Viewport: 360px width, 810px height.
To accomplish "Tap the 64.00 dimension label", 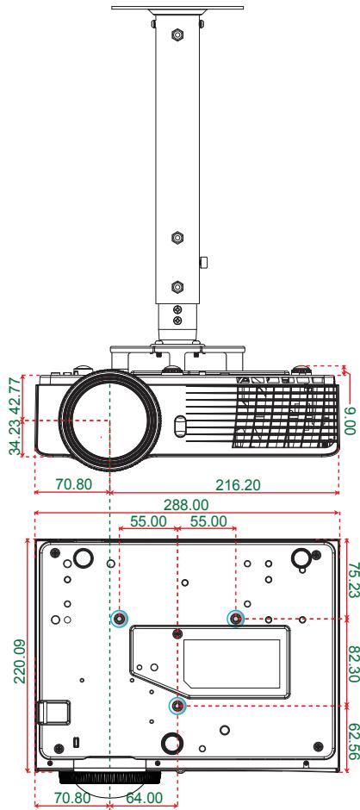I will [142, 799].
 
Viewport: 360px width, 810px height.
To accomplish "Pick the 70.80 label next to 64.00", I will [73, 799].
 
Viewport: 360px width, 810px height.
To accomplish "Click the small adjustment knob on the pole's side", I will [204, 260].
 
